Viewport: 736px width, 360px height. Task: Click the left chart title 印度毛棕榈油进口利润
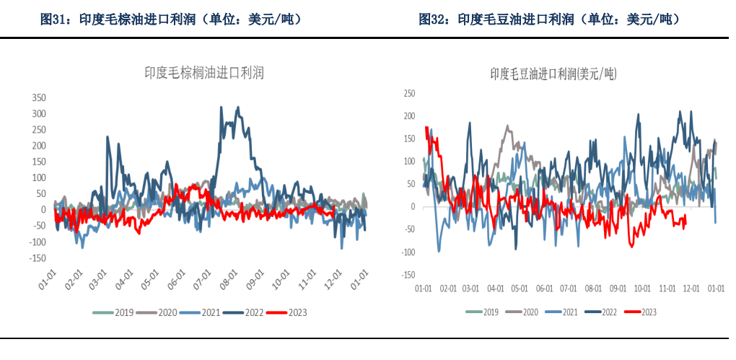pos(204,72)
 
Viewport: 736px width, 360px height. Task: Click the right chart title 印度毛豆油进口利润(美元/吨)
pos(553,74)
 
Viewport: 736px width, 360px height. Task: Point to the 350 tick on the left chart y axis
pos(39,97)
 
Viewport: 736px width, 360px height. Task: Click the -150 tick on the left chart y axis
pos(38,258)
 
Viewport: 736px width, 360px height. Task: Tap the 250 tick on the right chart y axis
pos(410,93)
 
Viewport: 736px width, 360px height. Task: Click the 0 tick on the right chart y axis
pos(413,206)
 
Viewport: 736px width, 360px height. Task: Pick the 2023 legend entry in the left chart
pos(287,312)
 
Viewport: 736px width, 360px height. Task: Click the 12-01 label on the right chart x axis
pos(691,288)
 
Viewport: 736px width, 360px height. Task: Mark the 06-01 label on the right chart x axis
pos(543,288)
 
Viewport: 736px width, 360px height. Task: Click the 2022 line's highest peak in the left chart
pos(239,107)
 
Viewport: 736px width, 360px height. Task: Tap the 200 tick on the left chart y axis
pos(39,146)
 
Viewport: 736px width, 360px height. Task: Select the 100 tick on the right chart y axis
pos(410,161)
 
